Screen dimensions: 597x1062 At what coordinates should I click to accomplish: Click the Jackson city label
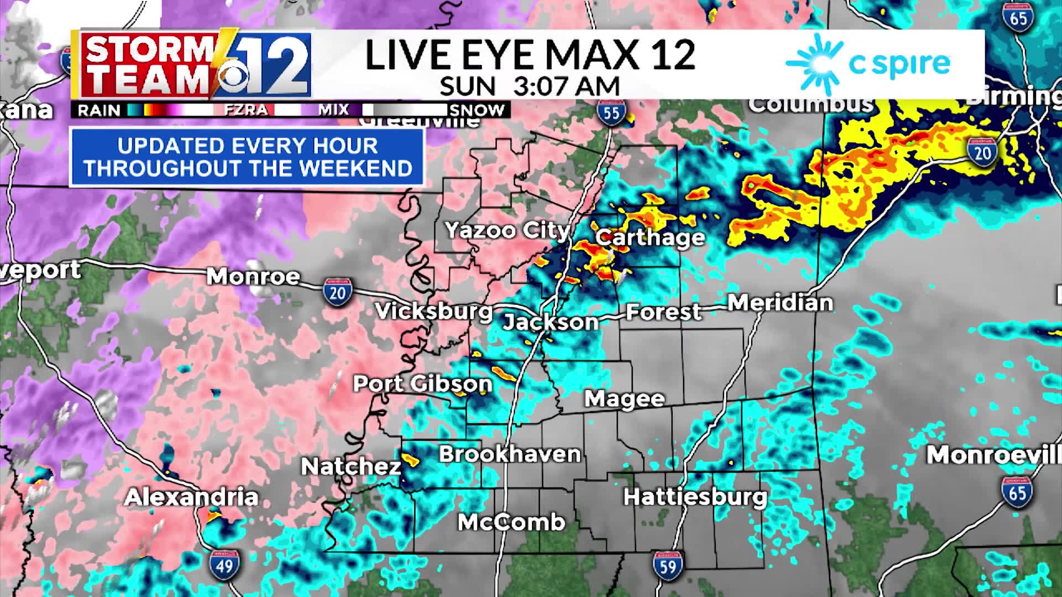(550, 321)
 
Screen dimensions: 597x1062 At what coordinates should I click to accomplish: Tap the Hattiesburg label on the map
(695, 496)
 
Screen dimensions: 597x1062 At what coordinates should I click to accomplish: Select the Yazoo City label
(507, 230)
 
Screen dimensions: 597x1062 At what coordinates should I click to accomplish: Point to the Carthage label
(650, 237)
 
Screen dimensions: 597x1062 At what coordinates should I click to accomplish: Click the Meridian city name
(780, 302)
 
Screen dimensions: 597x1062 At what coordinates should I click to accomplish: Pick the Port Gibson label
(423, 383)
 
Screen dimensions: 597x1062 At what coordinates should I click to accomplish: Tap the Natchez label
(351, 467)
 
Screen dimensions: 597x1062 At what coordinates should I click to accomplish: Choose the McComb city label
(511, 522)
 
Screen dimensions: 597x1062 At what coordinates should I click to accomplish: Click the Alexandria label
(191, 497)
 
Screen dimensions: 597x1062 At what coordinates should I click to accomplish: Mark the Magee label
(624, 398)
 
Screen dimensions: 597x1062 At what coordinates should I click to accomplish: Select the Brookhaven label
(509, 454)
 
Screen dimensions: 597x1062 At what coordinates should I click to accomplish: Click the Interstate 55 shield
(611, 113)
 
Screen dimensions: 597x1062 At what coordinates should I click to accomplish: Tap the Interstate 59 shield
(667, 565)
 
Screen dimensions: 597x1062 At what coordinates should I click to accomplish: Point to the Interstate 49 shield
(225, 565)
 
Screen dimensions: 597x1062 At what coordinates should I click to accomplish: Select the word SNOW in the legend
(477, 110)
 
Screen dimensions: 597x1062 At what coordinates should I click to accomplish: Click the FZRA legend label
(246, 110)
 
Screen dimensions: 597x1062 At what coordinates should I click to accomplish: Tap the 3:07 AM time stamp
(566, 87)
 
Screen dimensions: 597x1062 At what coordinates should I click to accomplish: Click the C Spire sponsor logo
(868, 64)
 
